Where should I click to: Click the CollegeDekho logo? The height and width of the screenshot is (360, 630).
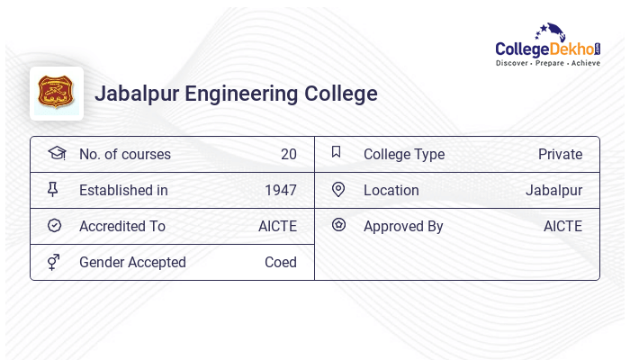(x=547, y=46)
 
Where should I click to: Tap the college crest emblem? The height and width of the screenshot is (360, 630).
(x=56, y=93)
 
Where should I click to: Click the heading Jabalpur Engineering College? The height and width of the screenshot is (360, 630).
(x=236, y=94)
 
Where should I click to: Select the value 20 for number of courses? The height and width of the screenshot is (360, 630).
(x=288, y=154)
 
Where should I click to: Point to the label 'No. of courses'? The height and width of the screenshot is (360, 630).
(x=124, y=154)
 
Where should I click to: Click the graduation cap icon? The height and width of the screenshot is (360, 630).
(x=56, y=153)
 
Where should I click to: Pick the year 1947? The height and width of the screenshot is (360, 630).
(x=280, y=190)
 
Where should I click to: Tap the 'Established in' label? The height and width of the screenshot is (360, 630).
(x=123, y=190)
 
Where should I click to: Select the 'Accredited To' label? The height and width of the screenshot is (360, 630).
(x=121, y=226)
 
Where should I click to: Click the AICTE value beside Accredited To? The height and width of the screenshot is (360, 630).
(x=277, y=226)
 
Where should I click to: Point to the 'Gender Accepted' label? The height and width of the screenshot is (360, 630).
(x=132, y=262)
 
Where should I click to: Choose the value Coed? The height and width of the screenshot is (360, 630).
(x=280, y=262)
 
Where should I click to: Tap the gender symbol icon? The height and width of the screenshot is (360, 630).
(x=54, y=262)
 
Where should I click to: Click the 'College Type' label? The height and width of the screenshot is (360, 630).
(x=403, y=154)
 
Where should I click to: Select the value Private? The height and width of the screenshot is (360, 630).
(x=560, y=154)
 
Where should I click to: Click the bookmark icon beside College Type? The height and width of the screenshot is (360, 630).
(x=336, y=152)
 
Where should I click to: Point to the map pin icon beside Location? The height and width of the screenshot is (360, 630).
(x=338, y=189)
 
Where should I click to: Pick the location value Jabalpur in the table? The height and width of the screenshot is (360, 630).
(x=553, y=190)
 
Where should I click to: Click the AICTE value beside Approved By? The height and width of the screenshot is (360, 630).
(x=562, y=226)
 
